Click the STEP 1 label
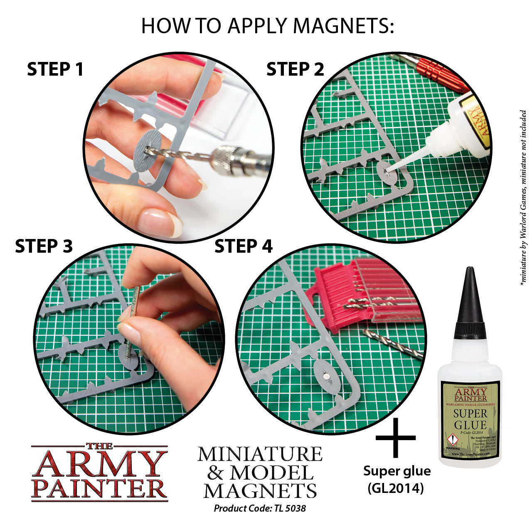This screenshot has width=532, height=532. coord(55,69)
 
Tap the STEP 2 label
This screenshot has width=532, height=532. coord(295,69)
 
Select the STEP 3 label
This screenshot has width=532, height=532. coord(44,246)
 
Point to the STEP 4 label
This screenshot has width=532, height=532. coord(244,246)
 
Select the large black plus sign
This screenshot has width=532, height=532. coord(395,437)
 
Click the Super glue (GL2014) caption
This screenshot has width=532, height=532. coord(397,479)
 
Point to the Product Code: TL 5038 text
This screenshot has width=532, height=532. coord(260,508)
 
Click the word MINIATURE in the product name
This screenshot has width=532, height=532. coord(260,454)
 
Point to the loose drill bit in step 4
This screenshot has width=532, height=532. coord(393,343)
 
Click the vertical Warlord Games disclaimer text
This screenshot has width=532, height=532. coord(523,197)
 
